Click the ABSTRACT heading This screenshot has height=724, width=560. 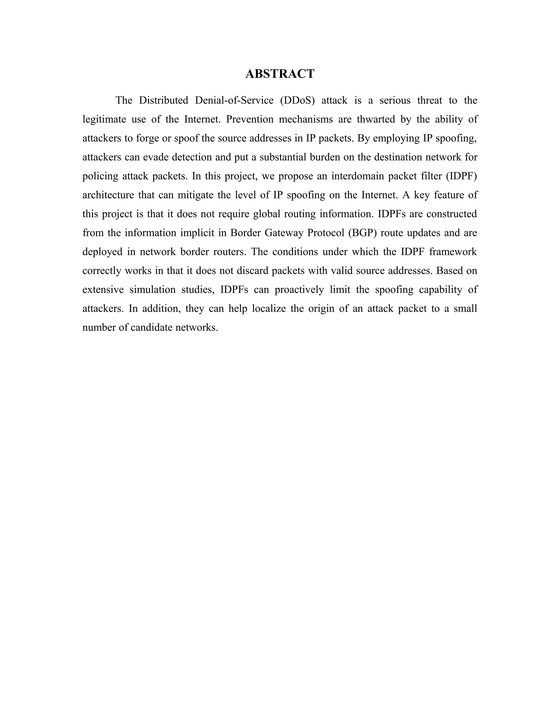[x=280, y=73]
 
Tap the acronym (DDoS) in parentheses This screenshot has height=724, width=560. [x=297, y=100]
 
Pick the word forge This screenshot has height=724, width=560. [x=147, y=138]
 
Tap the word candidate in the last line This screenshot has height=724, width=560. [x=151, y=327]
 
